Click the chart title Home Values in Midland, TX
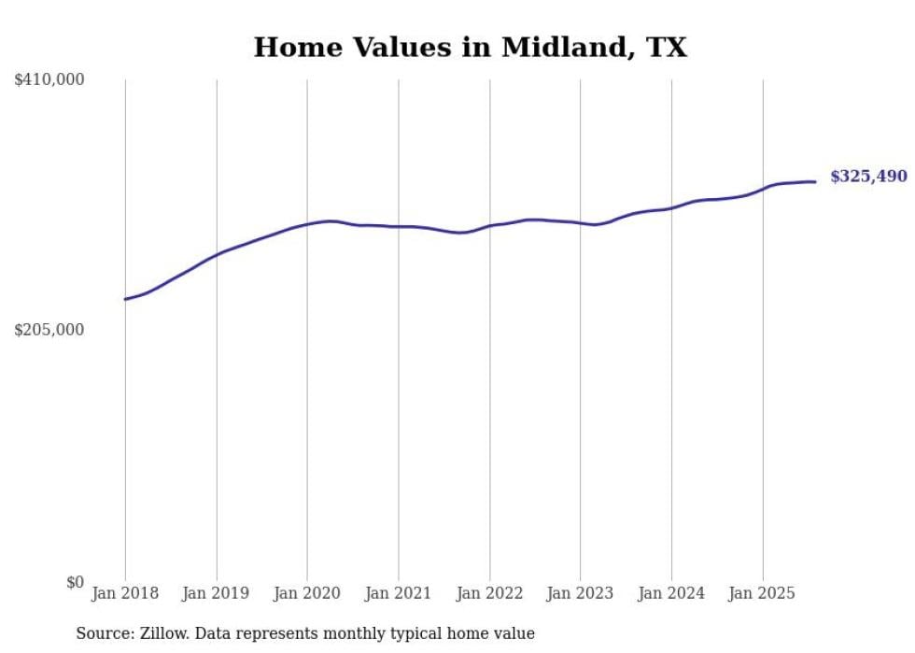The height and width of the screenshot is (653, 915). [x=470, y=48]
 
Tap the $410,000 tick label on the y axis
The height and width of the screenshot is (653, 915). [x=49, y=80]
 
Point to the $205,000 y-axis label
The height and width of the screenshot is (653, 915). [x=49, y=330]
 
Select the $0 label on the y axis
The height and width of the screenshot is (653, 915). [x=76, y=582]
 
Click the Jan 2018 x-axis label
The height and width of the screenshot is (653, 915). [x=125, y=593]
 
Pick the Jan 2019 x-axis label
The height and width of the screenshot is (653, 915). [x=217, y=593]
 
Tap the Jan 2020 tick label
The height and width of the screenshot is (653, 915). [x=307, y=593]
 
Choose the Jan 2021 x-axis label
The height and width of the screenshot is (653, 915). [x=399, y=593]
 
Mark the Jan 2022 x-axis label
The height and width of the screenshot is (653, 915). [x=489, y=593]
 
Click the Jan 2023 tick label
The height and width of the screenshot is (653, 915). [x=581, y=593]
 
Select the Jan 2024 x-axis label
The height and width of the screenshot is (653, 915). [x=671, y=593]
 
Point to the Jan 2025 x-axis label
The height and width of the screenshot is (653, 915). [x=763, y=593]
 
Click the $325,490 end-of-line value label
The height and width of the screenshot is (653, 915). [x=868, y=176]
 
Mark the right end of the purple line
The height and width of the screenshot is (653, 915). [x=816, y=181]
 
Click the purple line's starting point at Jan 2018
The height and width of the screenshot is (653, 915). [x=125, y=299]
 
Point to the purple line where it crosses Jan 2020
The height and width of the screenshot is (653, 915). [x=307, y=224]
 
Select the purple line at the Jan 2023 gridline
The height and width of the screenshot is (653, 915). [x=581, y=222]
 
